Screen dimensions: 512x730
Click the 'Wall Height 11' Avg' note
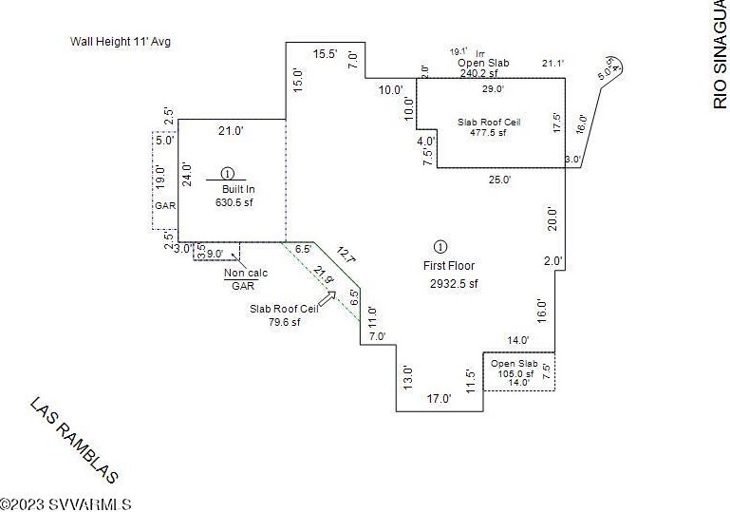120,42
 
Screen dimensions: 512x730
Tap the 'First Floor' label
450,266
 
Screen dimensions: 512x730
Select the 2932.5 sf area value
453,283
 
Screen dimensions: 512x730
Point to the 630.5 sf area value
235,202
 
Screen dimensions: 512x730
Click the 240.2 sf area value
485,72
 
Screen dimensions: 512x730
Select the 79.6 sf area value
283,321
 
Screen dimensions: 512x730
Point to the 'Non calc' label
246,274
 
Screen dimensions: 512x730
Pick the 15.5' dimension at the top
326,54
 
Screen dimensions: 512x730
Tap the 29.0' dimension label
493,89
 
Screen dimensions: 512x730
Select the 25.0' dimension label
499,179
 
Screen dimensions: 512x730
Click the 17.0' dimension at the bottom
439,399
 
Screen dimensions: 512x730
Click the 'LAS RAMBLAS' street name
74,440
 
